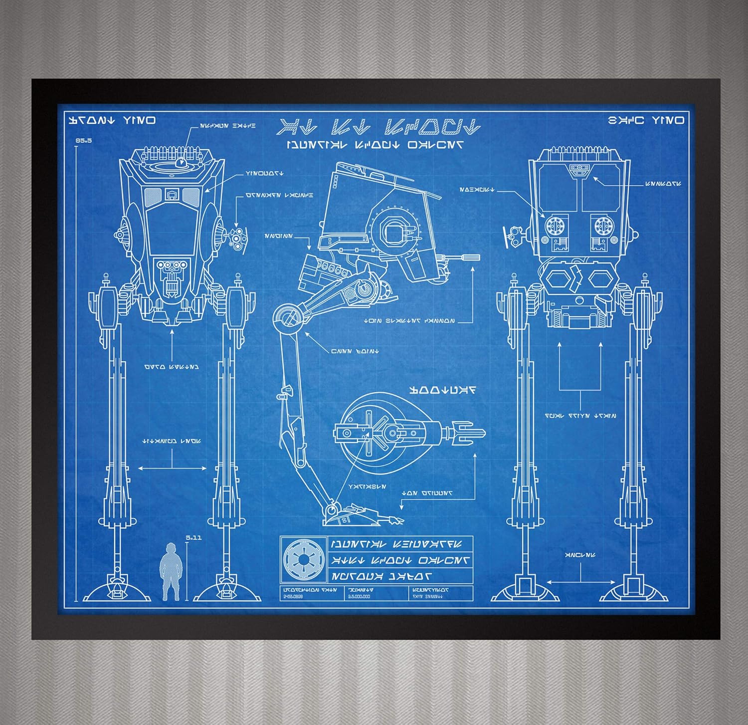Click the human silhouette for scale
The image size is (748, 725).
tap(171, 571)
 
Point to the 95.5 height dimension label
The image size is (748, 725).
tap(84, 141)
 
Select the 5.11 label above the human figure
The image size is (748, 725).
tap(193, 538)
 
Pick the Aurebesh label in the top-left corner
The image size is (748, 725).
tap(112, 120)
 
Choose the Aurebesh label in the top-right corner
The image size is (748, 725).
tap(646, 120)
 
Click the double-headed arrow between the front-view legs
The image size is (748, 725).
tap(172, 468)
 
